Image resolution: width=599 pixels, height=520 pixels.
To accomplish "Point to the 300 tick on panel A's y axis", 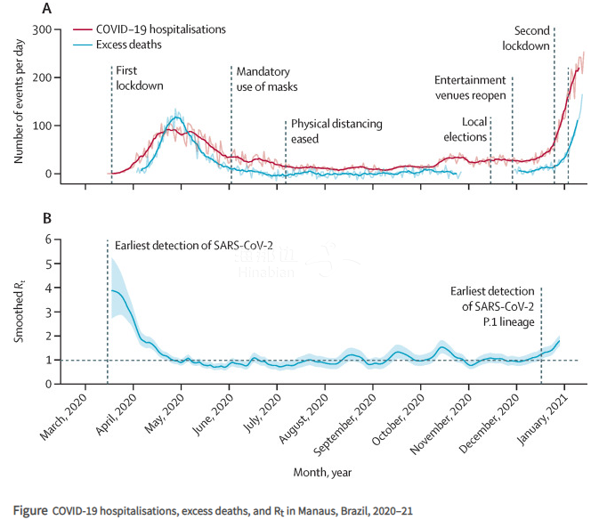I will click(40, 30).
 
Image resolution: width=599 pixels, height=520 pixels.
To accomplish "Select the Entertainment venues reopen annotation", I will click(470, 87).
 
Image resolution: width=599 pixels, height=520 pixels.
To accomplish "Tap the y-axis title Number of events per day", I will click(19, 106).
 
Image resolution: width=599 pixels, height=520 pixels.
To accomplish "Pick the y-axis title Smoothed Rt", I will click(19, 311).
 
